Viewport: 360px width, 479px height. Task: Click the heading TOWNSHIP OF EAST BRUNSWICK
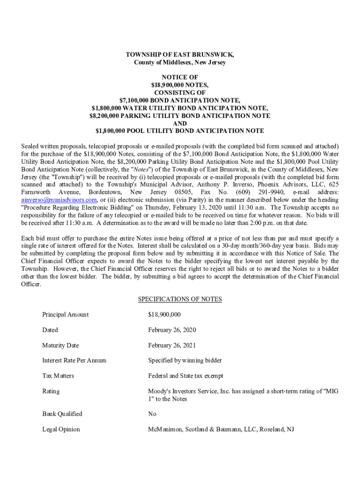(x=180, y=55)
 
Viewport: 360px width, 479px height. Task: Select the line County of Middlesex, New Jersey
(x=180, y=62)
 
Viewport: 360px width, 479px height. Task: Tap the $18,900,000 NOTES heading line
(x=180, y=85)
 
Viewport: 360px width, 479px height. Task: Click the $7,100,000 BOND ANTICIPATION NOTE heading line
(x=180, y=101)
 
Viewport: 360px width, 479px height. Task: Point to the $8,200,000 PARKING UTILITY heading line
(x=180, y=116)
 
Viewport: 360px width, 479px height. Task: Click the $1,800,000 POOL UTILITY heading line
(x=180, y=131)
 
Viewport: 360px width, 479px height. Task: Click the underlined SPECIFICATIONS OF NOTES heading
(x=180, y=299)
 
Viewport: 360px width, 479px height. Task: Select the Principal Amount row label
(x=65, y=314)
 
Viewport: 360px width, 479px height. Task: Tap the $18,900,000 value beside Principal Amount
(x=165, y=314)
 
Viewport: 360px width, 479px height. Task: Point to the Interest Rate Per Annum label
(x=74, y=360)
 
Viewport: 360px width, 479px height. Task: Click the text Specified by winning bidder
(x=185, y=360)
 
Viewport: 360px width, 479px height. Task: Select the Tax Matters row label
(x=58, y=376)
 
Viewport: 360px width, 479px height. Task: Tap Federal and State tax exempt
(x=186, y=376)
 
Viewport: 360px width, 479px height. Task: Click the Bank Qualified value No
(x=152, y=414)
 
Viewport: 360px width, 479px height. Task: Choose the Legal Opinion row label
(x=61, y=429)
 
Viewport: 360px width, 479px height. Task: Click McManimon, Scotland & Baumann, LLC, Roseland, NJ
(x=221, y=429)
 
